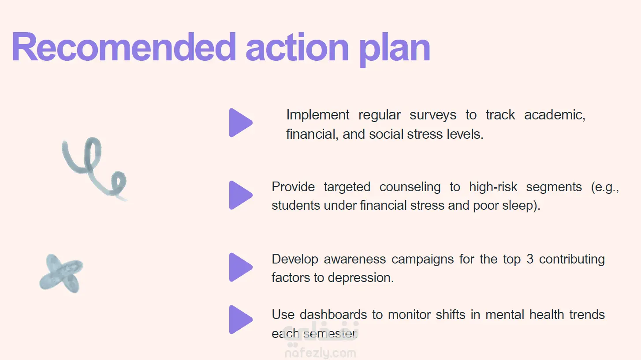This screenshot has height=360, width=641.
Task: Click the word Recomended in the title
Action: pyautogui.click(x=123, y=47)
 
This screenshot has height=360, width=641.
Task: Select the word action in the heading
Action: pyautogui.click(x=297, y=47)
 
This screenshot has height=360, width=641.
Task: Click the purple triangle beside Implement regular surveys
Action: pyautogui.click(x=241, y=122)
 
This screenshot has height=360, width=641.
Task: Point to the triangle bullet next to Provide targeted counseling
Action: pyautogui.click(x=241, y=195)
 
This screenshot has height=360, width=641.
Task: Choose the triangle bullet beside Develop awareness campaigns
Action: pyautogui.click(x=241, y=267)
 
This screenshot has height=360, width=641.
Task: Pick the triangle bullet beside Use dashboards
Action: pyautogui.click(x=241, y=319)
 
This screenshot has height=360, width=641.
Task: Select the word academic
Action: pyautogui.click(x=555, y=115)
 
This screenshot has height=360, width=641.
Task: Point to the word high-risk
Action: pyautogui.click(x=493, y=187)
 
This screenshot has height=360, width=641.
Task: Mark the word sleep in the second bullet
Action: pyautogui.click(x=521, y=206)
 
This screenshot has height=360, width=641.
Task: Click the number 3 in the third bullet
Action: pyautogui.click(x=530, y=259)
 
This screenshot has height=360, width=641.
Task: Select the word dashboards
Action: pyautogui.click(x=333, y=315)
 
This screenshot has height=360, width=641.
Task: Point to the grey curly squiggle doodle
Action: pyautogui.click(x=94, y=169)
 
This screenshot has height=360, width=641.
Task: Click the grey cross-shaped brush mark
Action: pyautogui.click(x=61, y=273)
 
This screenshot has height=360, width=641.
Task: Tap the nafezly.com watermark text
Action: pyautogui.click(x=320, y=353)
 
